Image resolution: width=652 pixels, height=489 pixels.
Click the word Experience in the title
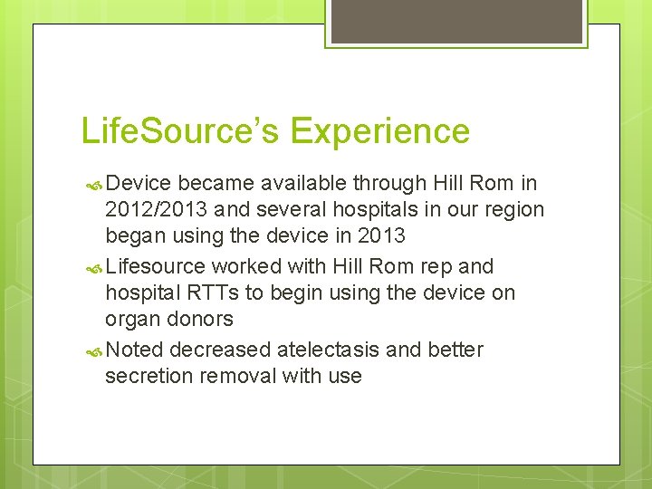coord(380,131)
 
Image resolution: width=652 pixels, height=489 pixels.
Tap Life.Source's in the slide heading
coord(181,131)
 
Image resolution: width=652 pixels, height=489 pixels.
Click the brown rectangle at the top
coord(456,21)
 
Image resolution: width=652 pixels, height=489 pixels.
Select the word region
coord(512,210)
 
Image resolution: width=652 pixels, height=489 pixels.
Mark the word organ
coord(132,320)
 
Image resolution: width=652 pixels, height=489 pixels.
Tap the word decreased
coord(221,350)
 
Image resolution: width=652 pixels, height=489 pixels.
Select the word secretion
coord(147,377)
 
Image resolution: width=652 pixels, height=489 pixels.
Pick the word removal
coord(235,377)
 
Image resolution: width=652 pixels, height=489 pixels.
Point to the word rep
coord(437,267)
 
